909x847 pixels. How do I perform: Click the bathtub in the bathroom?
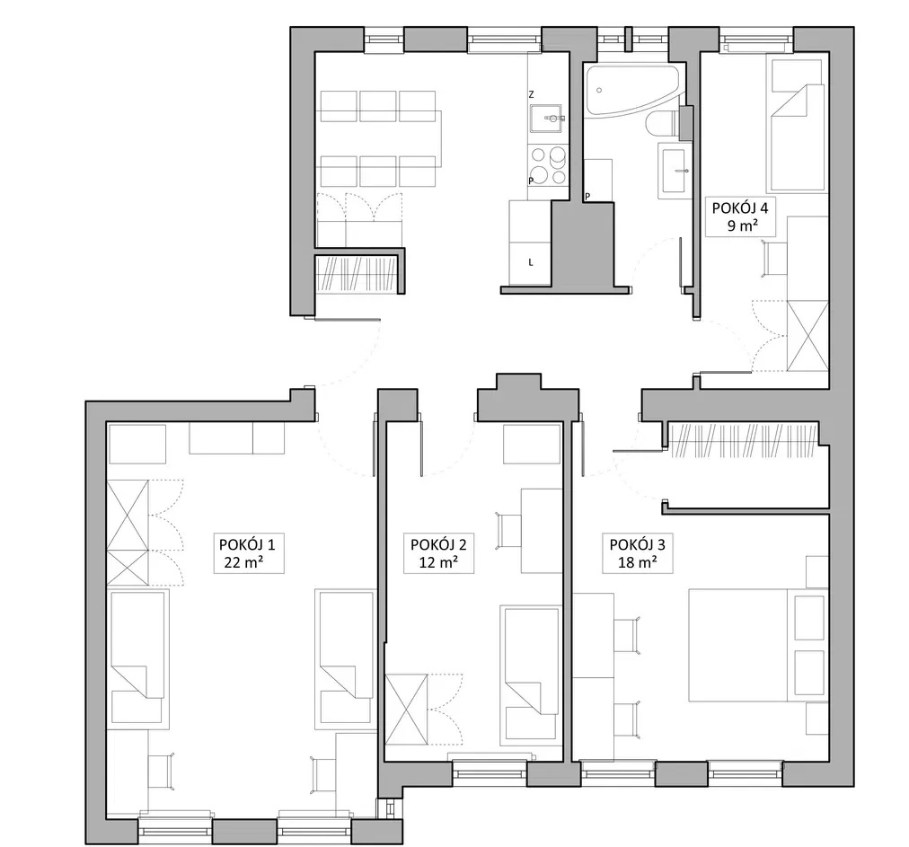click(x=633, y=89)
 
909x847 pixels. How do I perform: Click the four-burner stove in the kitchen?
click(x=548, y=165)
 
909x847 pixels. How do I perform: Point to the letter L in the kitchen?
click(x=531, y=262)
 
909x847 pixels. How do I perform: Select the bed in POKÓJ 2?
click(x=531, y=676)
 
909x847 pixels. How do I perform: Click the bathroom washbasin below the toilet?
click(x=675, y=171)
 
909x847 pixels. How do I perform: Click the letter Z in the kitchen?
click(x=531, y=94)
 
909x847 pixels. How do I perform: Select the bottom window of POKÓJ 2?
click(x=490, y=772)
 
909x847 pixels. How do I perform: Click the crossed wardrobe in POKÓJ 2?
click(x=406, y=709)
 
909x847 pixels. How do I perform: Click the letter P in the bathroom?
click(x=587, y=197)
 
